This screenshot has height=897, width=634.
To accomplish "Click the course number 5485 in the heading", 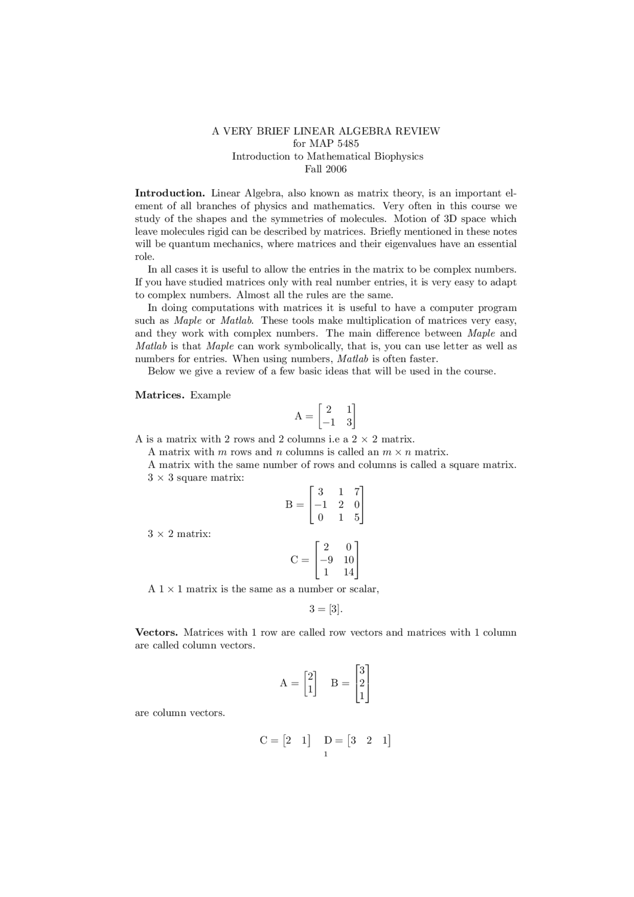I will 347,144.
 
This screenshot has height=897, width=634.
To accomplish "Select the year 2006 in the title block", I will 336,169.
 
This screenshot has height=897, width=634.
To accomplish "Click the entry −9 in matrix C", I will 326,560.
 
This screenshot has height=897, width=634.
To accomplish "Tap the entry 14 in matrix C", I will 349,573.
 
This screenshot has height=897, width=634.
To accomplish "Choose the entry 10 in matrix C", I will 349,560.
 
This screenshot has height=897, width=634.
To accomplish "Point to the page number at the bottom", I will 325,754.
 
